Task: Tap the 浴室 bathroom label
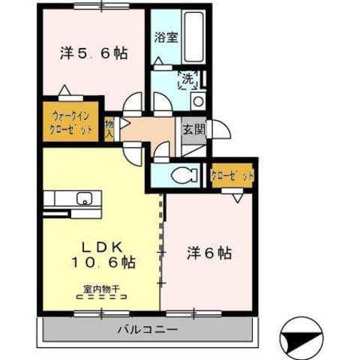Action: coord(166,37)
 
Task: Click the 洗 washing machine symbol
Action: coord(185,79)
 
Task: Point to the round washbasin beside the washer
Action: coord(198,100)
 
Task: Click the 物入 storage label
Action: coord(109,130)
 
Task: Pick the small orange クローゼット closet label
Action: coord(232,176)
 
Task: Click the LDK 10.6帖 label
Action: coord(103,255)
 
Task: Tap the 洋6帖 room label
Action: coord(209,253)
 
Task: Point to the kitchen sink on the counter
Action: coord(84,198)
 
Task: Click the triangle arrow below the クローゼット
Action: coord(237,197)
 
